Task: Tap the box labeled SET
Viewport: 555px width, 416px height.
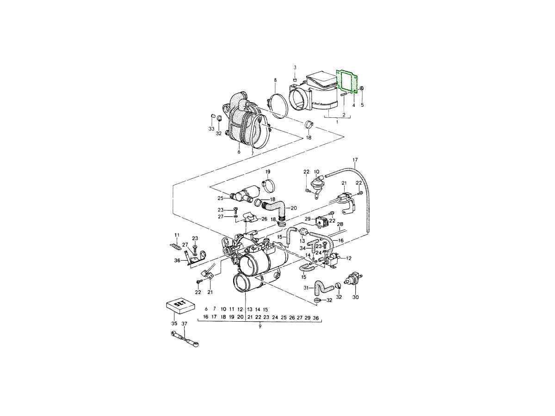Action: pyautogui.click(x=180, y=306)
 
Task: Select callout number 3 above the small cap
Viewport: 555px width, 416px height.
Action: pyautogui.click(x=295, y=67)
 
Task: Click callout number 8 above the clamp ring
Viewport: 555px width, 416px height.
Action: pyautogui.click(x=275, y=80)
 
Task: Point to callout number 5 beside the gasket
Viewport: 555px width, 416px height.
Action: pyautogui.click(x=362, y=104)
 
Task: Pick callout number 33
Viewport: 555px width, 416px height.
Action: pyautogui.click(x=211, y=129)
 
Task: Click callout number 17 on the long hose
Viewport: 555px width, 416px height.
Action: pyautogui.click(x=355, y=160)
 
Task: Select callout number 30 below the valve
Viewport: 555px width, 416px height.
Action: pyautogui.click(x=355, y=297)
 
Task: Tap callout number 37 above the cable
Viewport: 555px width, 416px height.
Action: pyautogui.click(x=185, y=324)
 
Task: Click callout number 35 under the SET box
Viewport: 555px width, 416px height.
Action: pyautogui.click(x=174, y=324)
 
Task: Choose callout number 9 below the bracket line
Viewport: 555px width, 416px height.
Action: pyautogui.click(x=260, y=326)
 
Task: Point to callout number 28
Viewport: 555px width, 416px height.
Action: pyautogui.click(x=340, y=224)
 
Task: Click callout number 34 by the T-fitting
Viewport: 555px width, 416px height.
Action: pyautogui.click(x=302, y=248)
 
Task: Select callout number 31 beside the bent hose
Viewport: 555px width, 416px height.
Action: pyautogui.click(x=307, y=288)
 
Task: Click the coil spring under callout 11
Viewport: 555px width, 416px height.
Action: pyautogui.click(x=175, y=246)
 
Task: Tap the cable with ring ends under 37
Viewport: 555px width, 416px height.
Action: pyautogui.click(x=185, y=339)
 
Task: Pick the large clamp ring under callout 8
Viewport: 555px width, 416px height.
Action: pyautogui.click(x=277, y=106)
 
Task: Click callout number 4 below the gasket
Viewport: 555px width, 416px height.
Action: pyautogui.click(x=353, y=105)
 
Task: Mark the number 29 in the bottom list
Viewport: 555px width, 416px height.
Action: pyautogui.click(x=308, y=318)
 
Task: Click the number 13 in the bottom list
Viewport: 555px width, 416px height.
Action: pyautogui.click(x=250, y=309)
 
